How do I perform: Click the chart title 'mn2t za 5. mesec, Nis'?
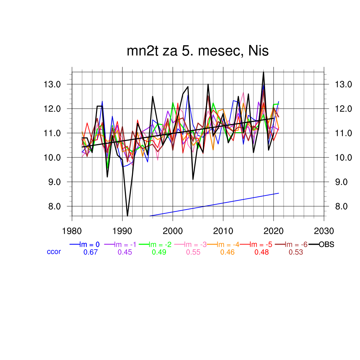click(x=198, y=51)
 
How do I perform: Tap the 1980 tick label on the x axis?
click(x=72, y=231)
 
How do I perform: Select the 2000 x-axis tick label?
click(x=173, y=231)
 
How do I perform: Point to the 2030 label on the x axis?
click(x=323, y=231)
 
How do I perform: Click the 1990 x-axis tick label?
click(x=122, y=231)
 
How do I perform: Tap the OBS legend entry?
click(x=326, y=245)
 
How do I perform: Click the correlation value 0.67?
click(x=90, y=252)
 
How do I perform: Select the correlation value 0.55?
click(x=193, y=252)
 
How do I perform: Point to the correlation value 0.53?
click(x=296, y=252)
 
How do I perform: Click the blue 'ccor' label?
click(x=54, y=252)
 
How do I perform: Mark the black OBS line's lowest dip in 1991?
click(x=127, y=216)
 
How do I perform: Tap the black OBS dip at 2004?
click(x=193, y=179)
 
